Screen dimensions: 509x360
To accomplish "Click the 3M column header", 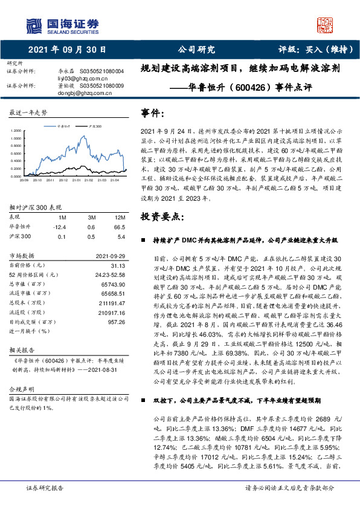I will click(91, 216).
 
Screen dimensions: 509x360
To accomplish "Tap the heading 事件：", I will click(152, 113).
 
